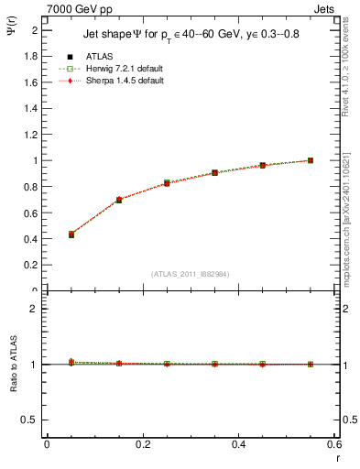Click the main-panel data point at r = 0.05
coord(71,234)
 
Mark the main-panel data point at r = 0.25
coord(167,183)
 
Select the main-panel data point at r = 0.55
coord(311,160)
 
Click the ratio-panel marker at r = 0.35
coord(214,364)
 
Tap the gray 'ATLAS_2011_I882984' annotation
coord(190,274)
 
